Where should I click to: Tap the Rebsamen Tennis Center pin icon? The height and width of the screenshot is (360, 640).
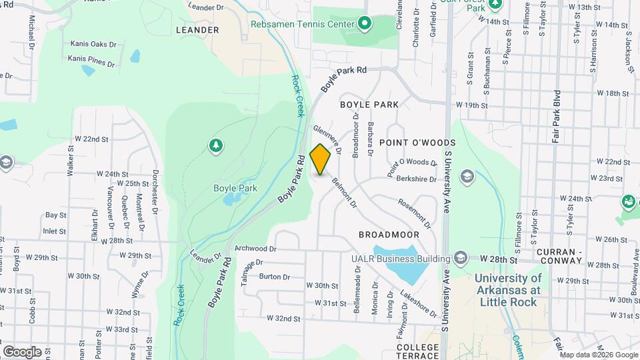(x=365, y=25)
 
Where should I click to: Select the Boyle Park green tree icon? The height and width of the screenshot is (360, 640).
(x=215, y=145)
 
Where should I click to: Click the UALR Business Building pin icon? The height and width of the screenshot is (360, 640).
(x=460, y=257)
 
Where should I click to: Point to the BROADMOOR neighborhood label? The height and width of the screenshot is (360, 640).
(x=389, y=235)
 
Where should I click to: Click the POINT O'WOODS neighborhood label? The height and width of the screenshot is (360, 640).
(x=417, y=143)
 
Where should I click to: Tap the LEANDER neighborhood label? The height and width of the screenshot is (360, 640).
(x=197, y=30)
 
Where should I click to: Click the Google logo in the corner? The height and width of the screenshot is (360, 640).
(x=23, y=351)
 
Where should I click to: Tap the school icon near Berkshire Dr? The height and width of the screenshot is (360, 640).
(x=467, y=176)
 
